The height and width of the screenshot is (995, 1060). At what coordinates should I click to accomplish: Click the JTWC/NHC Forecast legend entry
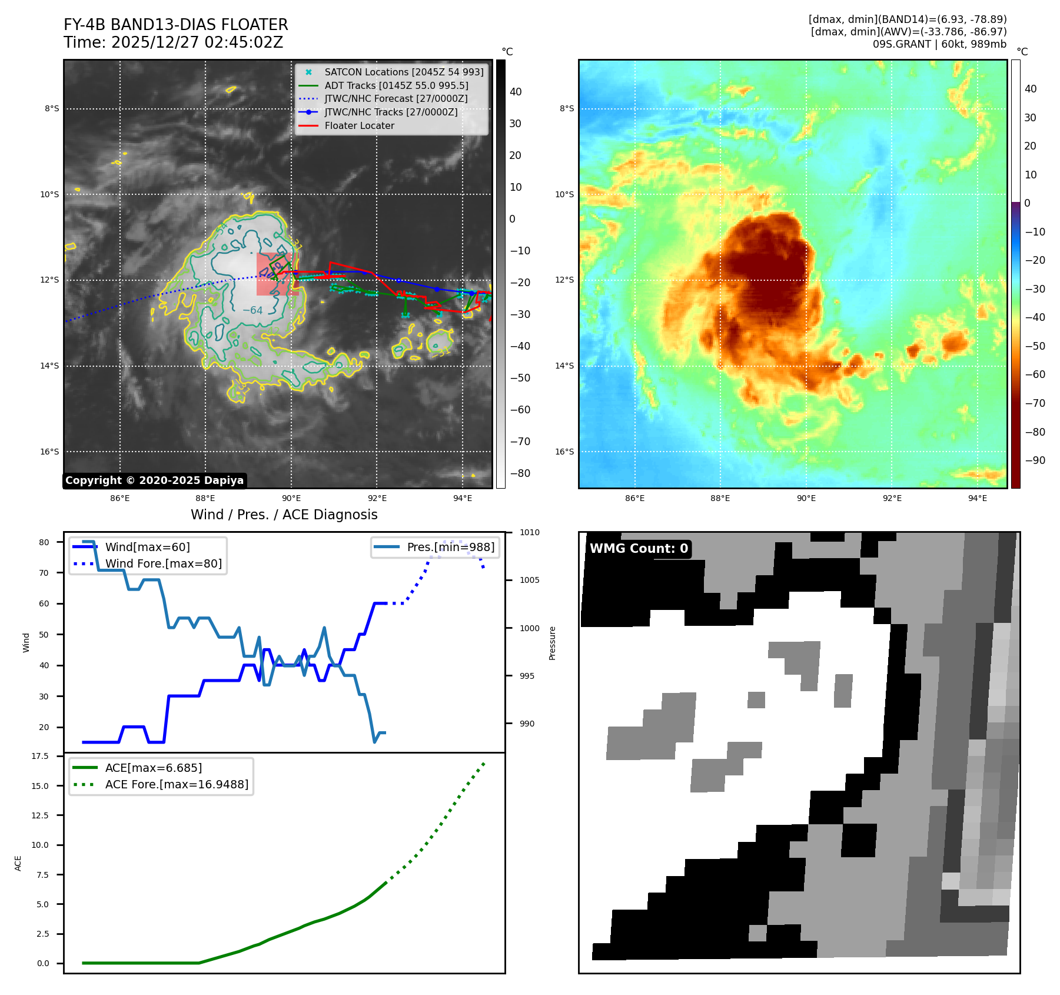[396, 99]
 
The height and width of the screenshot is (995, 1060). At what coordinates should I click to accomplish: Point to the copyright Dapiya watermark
[154, 480]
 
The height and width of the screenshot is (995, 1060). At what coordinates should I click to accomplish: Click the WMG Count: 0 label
[639, 549]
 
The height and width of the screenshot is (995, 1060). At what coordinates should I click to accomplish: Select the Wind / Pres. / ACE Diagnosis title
[284, 515]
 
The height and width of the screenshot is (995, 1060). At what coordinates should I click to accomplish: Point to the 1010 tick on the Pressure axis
[529, 532]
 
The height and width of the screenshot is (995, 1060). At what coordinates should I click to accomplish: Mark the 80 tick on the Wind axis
[44, 542]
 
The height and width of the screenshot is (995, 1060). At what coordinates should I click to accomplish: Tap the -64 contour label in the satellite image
[252, 310]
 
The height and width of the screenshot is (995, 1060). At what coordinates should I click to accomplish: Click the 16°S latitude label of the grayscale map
[49, 452]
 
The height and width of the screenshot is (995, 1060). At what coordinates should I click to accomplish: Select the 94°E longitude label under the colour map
[977, 498]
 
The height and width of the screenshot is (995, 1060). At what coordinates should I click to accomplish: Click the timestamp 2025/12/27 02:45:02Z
[197, 42]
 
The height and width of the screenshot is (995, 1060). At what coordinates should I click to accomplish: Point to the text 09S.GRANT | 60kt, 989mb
[939, 44]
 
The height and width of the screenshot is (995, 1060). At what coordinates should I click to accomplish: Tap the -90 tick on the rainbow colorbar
[1035, 460]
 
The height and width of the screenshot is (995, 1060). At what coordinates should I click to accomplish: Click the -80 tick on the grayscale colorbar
[520, 473]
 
